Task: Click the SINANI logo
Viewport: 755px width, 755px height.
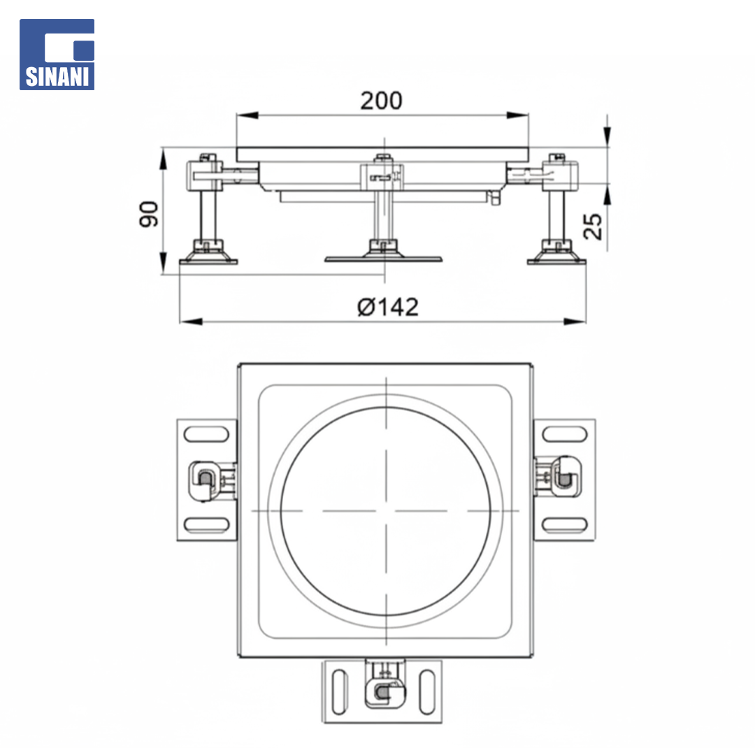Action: coord(57,55)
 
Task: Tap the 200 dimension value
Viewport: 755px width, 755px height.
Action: coord(382,101)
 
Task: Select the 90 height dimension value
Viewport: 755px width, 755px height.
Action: coord(148,214)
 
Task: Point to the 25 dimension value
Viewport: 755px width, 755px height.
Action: coord(593,226)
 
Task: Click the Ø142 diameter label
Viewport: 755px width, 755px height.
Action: coord(388,307)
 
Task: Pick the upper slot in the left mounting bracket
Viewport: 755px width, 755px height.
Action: coord(206,434)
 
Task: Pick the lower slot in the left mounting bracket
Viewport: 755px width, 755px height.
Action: coord(206,525)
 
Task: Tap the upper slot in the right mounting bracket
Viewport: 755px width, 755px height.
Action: coord(565,434)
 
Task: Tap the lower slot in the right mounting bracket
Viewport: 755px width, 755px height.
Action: coord(565,525)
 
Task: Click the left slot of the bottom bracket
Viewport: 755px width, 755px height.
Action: coord(340,692)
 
